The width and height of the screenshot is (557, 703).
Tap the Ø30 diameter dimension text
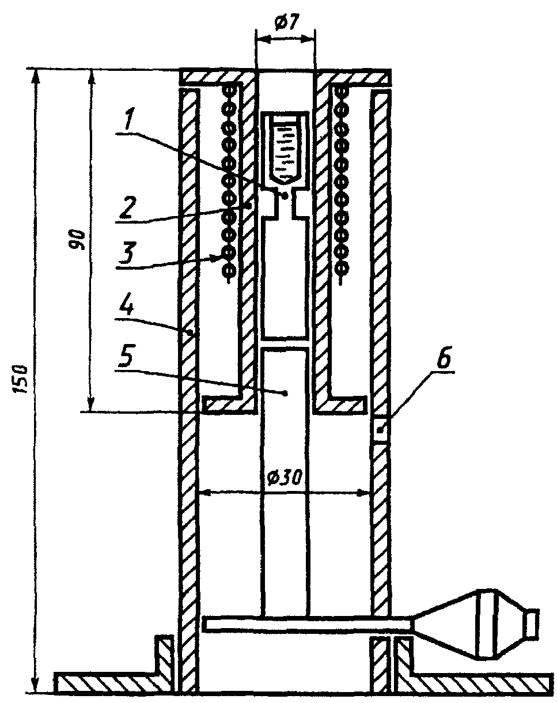[283, 478]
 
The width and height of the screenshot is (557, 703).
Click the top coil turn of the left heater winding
[229, 89]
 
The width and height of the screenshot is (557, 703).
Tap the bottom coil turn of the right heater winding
[342, 270]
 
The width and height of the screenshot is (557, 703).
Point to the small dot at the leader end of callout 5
[286, 393]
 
